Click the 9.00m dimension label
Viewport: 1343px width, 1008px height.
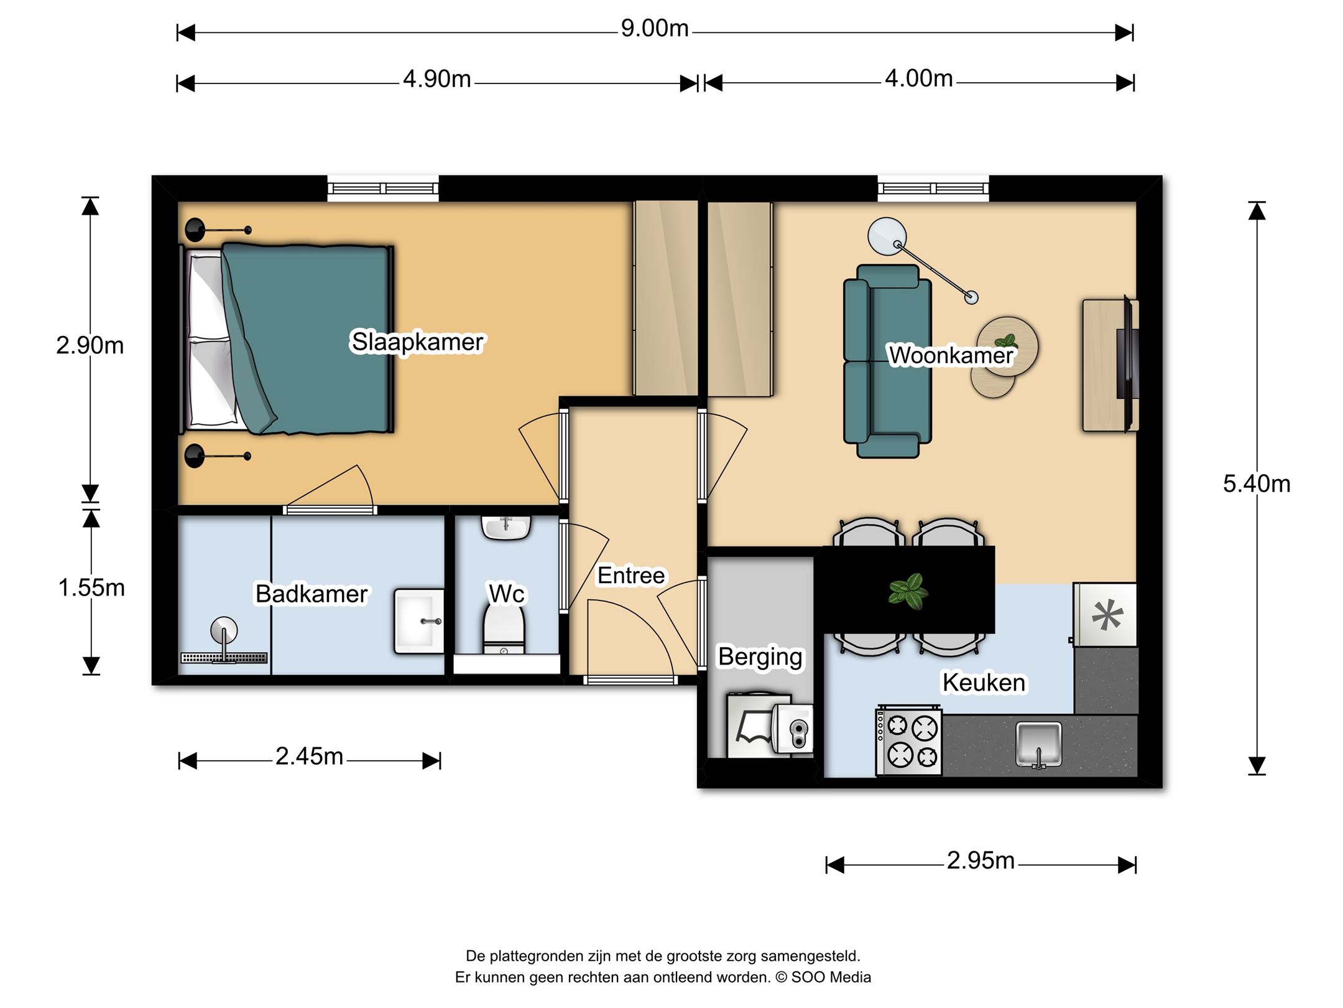(x=655, y=29)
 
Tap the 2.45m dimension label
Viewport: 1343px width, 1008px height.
(x=309, y=757)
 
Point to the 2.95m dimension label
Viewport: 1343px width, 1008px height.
(x=981, y=861)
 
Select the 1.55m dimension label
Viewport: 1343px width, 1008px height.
(x=91, y=587)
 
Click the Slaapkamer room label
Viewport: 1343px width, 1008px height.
(x=417, y=342)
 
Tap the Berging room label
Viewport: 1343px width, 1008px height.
(x=760, y=658)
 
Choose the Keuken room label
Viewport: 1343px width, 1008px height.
(x=984, y=683)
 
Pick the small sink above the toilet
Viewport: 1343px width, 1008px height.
(x=506, y=528)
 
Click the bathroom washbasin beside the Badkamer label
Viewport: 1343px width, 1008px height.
(x=419, y=621)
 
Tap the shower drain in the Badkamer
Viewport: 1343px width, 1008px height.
(x=224, y=658)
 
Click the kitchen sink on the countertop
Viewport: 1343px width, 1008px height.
(x=1038, y=744)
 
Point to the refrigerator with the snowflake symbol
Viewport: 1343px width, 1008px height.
(x=1105, y=615)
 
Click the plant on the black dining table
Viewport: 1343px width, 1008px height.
(x=908, y=590)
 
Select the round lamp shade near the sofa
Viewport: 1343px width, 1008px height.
(x=887, y=236)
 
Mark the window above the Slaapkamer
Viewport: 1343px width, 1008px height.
(x=383, y=188)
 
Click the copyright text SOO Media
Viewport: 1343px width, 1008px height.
(x=831, y=978)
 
